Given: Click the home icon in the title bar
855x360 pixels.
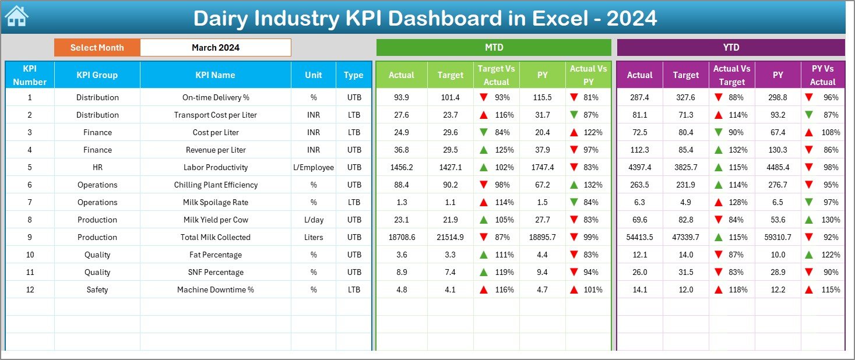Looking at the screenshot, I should pyautogui.click(x=16, y=16).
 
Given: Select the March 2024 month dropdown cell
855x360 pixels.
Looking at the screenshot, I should pyautogui.click(x=215, y=48).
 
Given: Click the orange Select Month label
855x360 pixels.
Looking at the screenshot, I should pyautogui.click(x=97, y=48).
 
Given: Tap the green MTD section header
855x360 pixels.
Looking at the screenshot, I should pyautogui.click(x=494, y=48).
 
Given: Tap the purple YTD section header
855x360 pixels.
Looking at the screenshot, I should pyautogui.click(x=730, y=48).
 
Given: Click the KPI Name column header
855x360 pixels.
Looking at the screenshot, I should pyautogui.click(x=215, y=75).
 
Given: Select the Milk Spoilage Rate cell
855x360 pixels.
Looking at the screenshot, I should pyautogui.click(x=215, y=202).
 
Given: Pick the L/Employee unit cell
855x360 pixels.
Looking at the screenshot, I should pyautogui.click(x=314, y=167).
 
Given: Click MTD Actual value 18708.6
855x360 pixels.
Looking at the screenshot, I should pyautogui.click(x=401, y=237).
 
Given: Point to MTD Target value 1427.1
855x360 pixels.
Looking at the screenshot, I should pyautogui.click(x=450, y=167).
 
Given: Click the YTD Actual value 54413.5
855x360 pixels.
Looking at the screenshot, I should pyautogui.click(x=639, y=237).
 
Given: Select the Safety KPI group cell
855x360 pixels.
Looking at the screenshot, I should pyautogui.click(x=97, y=290).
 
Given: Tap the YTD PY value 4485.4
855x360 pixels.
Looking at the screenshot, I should pyautogui.click(x=777, y=167).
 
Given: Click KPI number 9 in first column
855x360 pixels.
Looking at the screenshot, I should pyautogui.click(x=30, y=237).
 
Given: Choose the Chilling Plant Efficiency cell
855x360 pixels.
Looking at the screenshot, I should pyautogui.click(x=215, y=185).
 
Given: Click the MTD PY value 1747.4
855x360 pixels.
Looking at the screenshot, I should pyautogui.click(x=542, y=167).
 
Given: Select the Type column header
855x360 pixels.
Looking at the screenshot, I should pyautogui.click(x=353, y=75).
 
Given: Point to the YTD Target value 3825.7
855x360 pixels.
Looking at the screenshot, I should pyautogui.click(x=685, y=167).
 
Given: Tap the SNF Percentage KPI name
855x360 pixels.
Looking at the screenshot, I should pyautogui.click(x=215, y=272).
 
